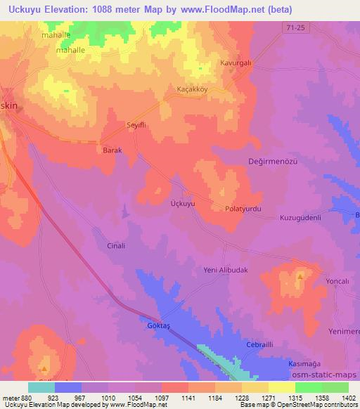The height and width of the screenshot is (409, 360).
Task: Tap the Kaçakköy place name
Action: pyautogui.click(x=193, y=90)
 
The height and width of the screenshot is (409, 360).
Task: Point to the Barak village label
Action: pyautogui.click(x=112, y=150)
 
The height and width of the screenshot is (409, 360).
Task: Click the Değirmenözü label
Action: pyautogui.click(x=274, y=161)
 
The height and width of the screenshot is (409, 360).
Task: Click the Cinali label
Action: pyautogui.click(x=115, y=246)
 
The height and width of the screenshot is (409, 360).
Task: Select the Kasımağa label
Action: pyautogui.click(x=305, y=363)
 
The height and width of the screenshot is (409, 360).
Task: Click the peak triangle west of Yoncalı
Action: pyautogui.click(x=300, y=277)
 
